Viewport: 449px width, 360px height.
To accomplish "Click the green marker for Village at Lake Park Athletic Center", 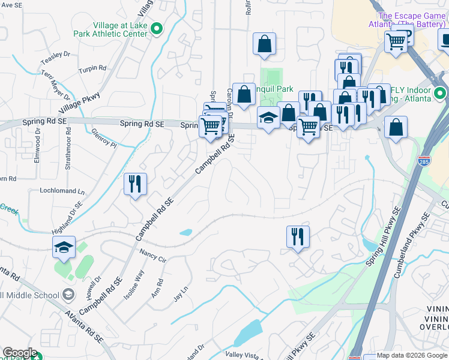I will (157, 28).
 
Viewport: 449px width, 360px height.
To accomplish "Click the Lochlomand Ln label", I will (62, 191).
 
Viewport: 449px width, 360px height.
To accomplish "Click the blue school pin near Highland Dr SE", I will (64, 247).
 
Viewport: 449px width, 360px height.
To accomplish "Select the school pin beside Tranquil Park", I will (268, 118).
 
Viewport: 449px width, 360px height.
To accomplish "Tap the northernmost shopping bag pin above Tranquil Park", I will (264, 44).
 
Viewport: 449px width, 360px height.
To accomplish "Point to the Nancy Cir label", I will (152, 256).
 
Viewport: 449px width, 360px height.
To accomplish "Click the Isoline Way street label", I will (134, 285).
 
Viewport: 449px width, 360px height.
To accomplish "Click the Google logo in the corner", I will (20, 353).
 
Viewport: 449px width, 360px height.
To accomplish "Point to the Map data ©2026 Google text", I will (412, 355).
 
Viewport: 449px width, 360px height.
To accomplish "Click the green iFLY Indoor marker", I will (440, 93).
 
